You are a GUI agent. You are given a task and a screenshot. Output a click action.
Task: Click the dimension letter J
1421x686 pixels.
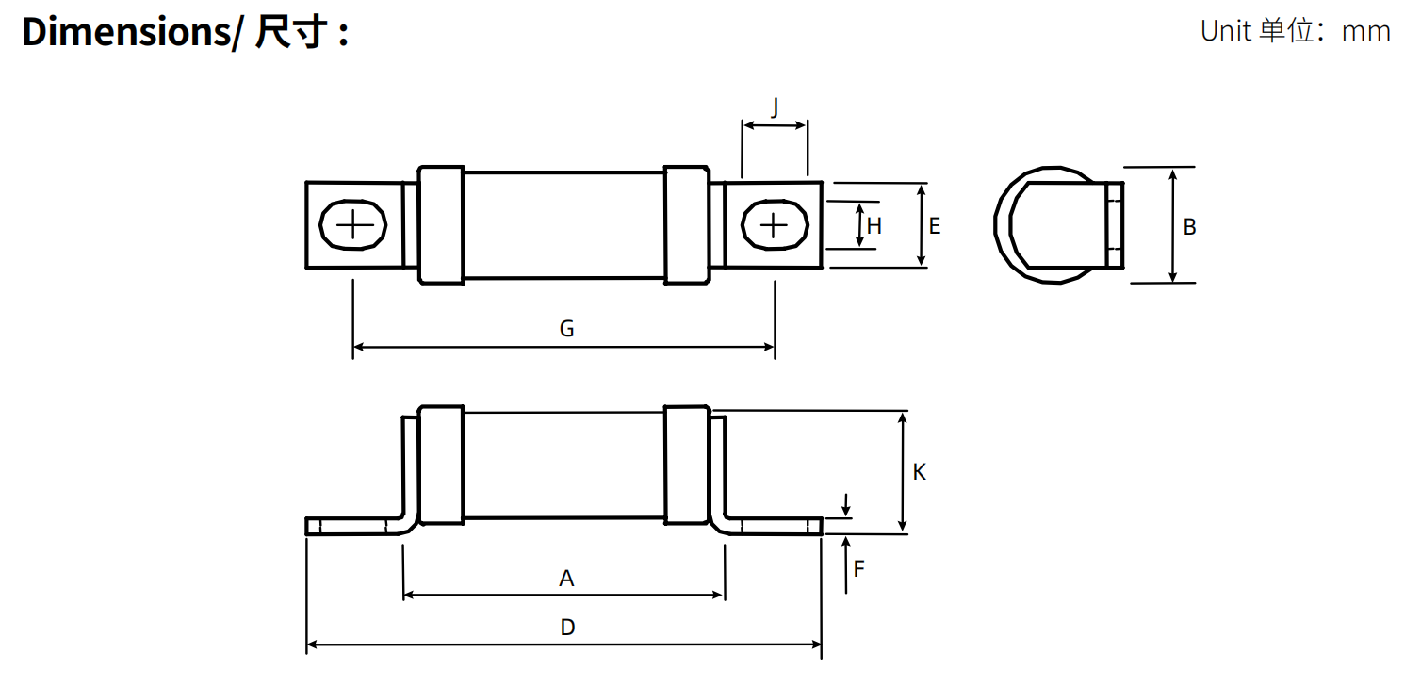(x=775, y=107)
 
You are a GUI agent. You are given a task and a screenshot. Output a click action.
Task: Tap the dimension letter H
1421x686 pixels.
(x=874, y=226)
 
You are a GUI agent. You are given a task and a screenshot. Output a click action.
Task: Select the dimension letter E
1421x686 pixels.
(x=935, y=226)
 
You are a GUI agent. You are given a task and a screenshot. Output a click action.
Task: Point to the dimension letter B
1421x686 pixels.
(x=1189, y=226)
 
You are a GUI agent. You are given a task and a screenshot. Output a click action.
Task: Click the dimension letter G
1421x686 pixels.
(x=566, y=329)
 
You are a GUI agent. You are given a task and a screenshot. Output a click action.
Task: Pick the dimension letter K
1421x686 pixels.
(x=919, y=471)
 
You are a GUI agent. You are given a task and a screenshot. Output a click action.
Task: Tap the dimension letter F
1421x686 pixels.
(x=859, y=568)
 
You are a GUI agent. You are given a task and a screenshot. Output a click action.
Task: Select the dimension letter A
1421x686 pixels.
(x=566, y=579)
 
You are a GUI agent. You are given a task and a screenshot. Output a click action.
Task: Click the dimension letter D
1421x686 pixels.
(x=568, y=628)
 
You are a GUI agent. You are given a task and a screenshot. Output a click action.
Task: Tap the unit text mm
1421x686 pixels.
(x=1365, y=32)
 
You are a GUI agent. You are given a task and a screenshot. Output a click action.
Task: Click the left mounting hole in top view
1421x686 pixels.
(x=352, y=225)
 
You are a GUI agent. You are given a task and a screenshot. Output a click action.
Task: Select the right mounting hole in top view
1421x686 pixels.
(x=775, y=225)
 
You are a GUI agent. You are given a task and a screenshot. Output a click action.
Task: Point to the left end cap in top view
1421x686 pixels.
(x=441, y=225)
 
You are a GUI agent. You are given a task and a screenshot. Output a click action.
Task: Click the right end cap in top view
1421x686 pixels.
(x=687, y=225)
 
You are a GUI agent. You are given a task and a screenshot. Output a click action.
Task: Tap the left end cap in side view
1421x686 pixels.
(x=441, y=465)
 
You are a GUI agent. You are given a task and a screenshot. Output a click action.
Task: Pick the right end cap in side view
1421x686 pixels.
(x=687, y=465)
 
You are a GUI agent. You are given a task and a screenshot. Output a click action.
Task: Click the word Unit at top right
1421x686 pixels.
(x=1226, y=31)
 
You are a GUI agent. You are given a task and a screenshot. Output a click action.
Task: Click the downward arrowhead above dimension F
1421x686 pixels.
(x=845, y=511)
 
